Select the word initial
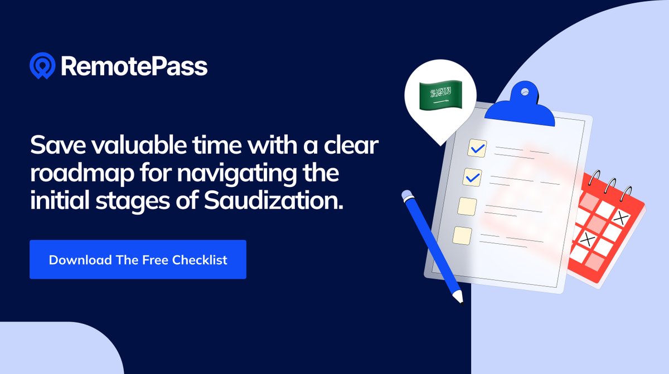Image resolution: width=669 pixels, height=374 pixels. (x=54, y=200)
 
